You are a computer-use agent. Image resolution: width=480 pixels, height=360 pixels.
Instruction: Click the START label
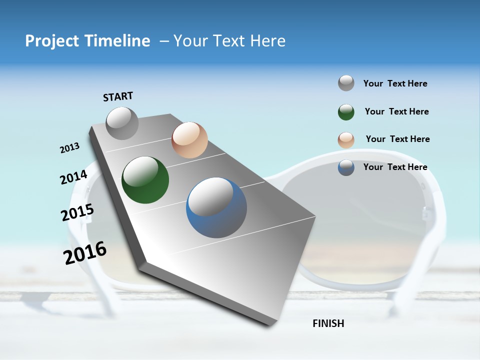click(x=118, y=96)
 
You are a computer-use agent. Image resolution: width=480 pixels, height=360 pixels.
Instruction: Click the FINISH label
click(x=328, y=323)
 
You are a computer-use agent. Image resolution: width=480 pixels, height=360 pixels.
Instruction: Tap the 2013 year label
click(x=69, y=148)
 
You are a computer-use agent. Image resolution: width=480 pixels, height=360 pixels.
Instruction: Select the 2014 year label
click(x=73, y=177)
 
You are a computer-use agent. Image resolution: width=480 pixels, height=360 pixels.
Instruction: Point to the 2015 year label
click(x=77, y=212)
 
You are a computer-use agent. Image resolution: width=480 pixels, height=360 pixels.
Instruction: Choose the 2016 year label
click(x=85, y=253)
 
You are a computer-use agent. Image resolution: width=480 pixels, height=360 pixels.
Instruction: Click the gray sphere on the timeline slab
click(x=122, y=123)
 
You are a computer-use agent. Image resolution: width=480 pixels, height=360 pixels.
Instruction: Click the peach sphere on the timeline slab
click(x=189, y=140)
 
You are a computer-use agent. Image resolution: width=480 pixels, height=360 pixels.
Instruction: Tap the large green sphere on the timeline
click(x=145, y=180)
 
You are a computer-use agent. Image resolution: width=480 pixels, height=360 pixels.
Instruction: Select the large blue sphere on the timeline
click(x=216, y=207)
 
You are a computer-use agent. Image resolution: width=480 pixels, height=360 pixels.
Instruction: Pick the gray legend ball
click(x=346, y=83)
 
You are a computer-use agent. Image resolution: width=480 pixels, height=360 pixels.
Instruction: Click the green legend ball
click(x=346, y=112)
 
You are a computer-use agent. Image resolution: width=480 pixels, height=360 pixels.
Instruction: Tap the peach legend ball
click(x=346, y=139)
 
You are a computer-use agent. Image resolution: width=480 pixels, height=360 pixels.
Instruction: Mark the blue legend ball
click(x=346, y=167)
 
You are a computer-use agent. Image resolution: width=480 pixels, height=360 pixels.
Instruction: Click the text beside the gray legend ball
click(x=395, y=83)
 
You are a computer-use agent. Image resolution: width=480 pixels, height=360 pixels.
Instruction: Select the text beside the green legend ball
click(x=396, y=111)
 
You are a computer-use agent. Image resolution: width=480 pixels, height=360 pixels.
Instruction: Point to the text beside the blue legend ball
click(x=395, y=167)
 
